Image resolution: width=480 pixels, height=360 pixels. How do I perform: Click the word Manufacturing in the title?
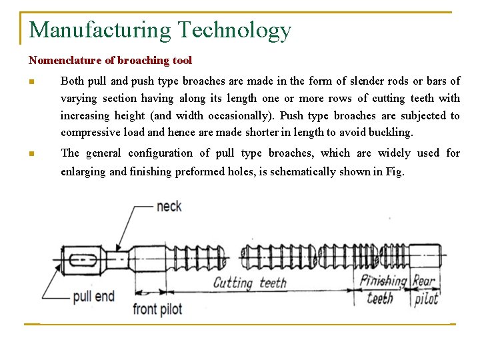click(x=100, y=30)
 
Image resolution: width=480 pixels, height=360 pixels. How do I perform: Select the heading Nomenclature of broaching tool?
click(x=110, y=61)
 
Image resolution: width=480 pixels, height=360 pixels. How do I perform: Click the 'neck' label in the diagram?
click(x=169, y=207)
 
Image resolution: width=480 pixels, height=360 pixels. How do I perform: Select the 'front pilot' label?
click(x=157, y=309)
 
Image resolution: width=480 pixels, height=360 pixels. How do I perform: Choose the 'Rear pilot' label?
click(x=425, y=290)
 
